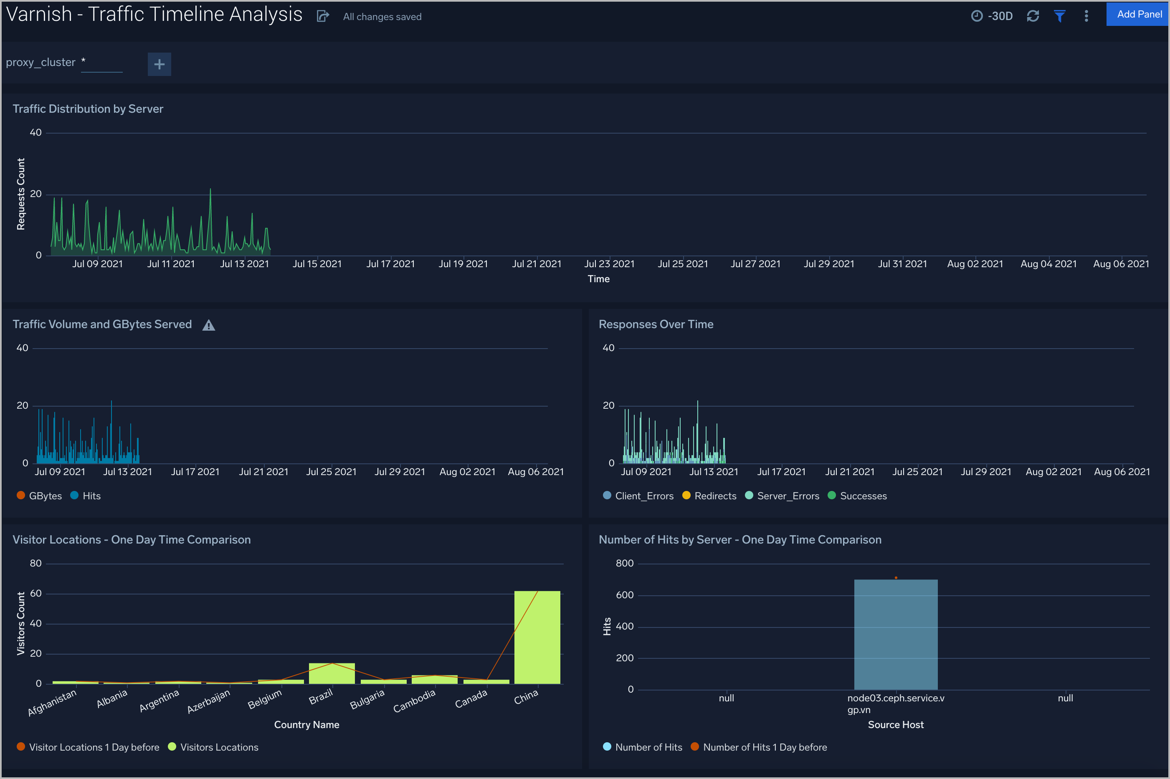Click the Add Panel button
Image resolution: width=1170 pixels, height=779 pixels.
pos(1138,15)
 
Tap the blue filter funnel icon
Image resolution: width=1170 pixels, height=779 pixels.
pos(1059,16)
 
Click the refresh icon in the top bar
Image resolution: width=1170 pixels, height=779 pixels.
pos(1033,16)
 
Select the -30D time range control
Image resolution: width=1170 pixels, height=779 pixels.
pos(992,16)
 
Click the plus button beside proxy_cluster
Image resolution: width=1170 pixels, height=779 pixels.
pos(159,64)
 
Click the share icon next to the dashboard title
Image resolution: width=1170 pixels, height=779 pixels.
pos(323,16)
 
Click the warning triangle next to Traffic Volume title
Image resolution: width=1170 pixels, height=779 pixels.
pos(209,325)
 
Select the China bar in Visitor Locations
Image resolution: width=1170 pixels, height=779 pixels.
pos(537,637)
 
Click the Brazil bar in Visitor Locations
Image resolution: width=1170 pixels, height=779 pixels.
pos(332,673)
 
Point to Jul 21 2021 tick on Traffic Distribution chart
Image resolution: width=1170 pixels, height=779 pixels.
pos(537,264)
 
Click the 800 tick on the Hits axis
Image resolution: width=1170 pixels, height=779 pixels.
pos(625,564)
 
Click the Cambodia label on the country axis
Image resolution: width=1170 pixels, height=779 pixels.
pos(414,701)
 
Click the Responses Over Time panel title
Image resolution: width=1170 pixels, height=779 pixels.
pos(656,324)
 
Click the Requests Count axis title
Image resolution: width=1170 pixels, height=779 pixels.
pos(20,194)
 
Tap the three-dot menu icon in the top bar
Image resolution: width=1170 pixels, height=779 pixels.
pos(1086,16)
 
